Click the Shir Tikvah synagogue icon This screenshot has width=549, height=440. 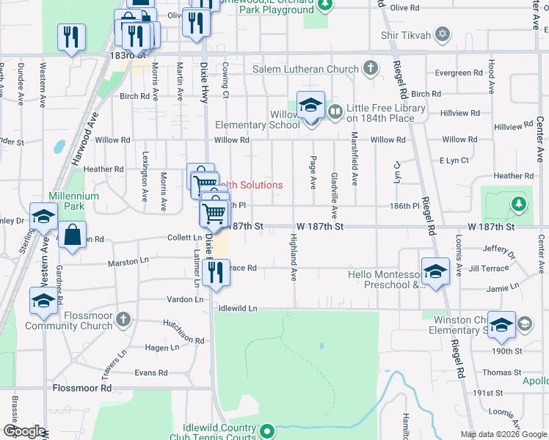click(442, 34)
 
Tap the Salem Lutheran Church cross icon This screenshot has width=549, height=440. click(371, 70)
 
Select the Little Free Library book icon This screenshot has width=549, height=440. click(335, 112)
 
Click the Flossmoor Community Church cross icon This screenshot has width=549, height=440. click(123, 320)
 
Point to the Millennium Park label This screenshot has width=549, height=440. click(73, 202)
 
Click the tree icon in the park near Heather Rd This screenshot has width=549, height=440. click(519, 202)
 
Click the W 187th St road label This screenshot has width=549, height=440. click(320, 227)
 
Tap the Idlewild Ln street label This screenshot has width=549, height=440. click(239, 309)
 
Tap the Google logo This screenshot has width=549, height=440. click(25, 431)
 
